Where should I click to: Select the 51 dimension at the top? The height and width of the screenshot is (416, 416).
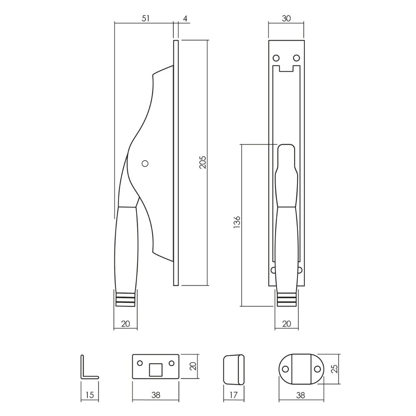click(144, 18)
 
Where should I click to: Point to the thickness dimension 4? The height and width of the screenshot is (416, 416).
click(185, 18)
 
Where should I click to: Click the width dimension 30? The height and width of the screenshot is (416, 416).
click(286, 18)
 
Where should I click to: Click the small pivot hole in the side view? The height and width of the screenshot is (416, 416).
click(145, 163)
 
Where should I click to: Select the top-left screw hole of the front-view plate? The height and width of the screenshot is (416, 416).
click(275, 57)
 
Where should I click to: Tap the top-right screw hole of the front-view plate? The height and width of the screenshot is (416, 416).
click(297, 57)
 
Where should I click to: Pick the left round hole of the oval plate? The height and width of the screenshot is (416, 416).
click(286, 369)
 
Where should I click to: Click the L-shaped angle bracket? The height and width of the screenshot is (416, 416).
click(87, 369)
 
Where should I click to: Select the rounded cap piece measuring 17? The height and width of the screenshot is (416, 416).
click(233, 369)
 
